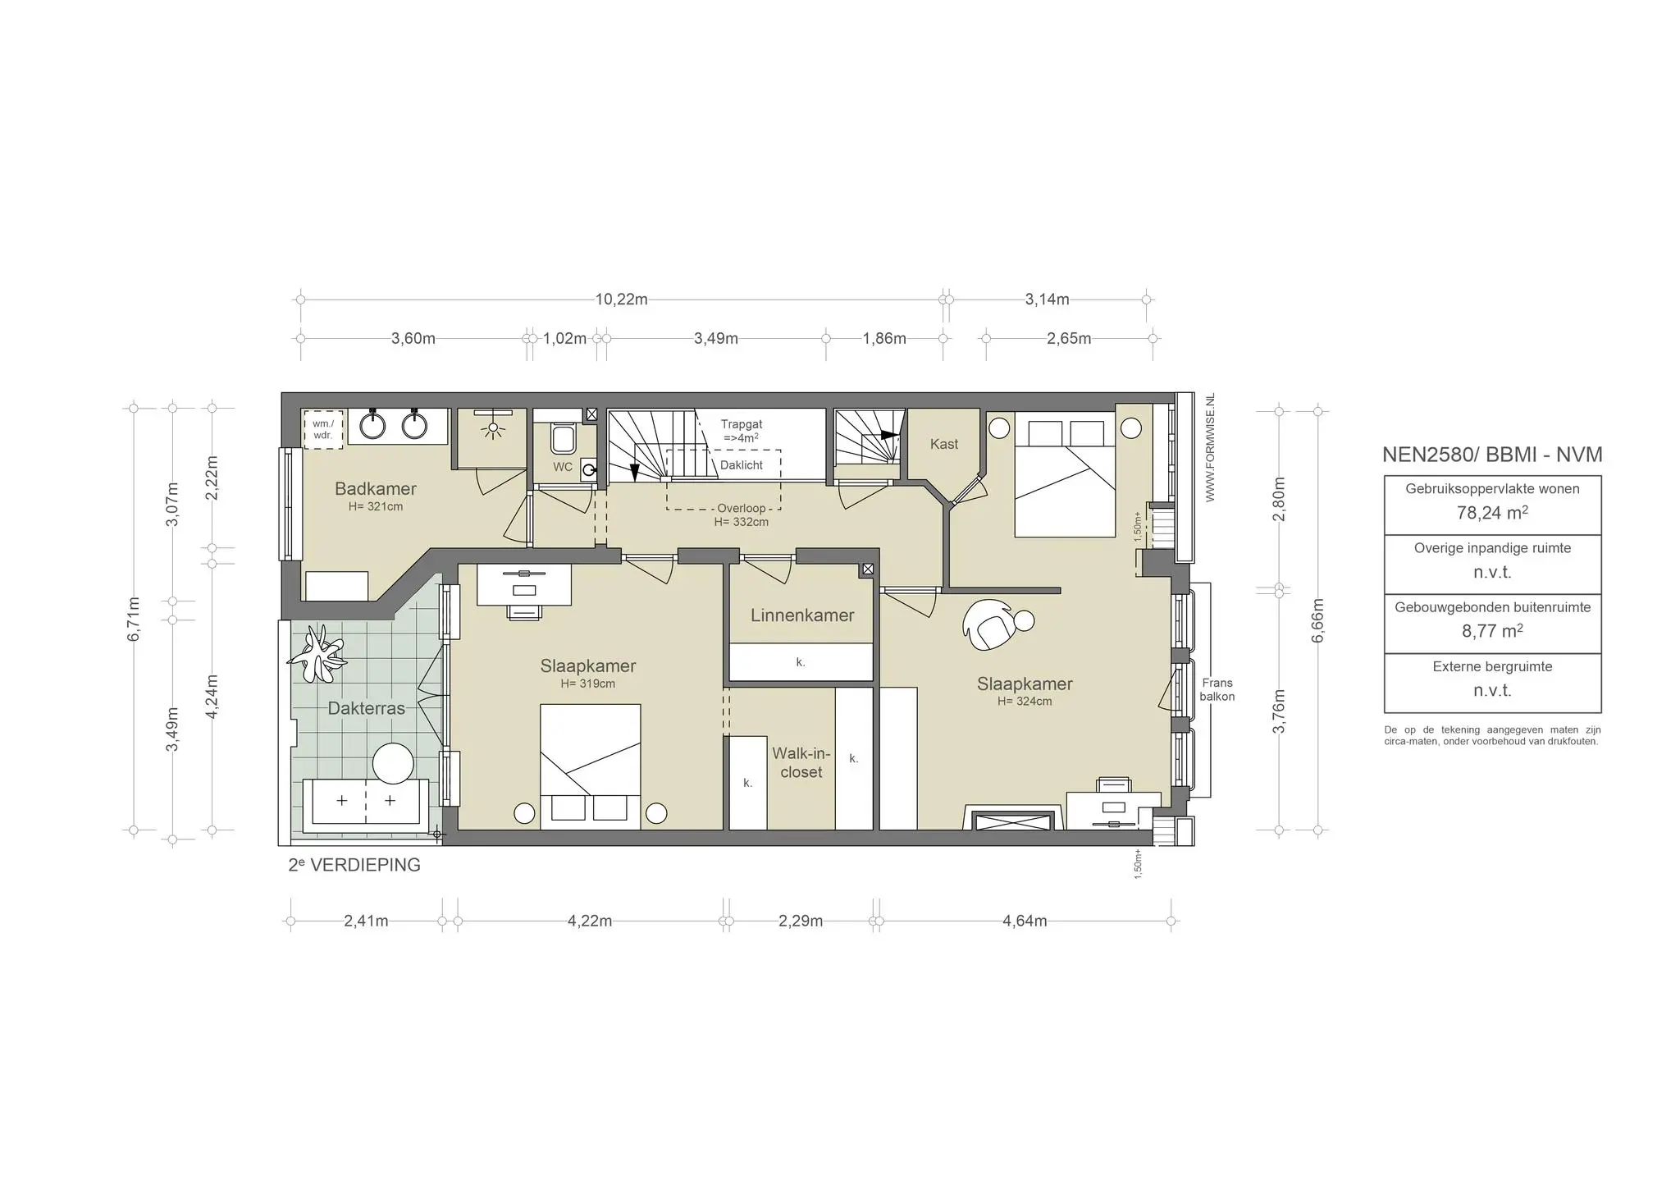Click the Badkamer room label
tap(375, 489)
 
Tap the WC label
tap(563, 467)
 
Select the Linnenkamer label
tap(801, 615)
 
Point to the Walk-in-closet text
tap(801, 763)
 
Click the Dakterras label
tap(366, 708)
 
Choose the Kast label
tap(943, 444)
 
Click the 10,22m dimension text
tap(621, 300)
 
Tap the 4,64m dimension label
tap(1025, 921)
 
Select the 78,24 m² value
tap(1492, 513)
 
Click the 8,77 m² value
tap(1492, 631)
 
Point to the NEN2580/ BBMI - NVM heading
tap(1492, 455)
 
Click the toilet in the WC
tap(563, 439)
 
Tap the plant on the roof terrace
tap(317, 654)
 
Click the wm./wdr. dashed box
tap(322, 429)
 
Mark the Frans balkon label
tap(1217, 689)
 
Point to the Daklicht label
tap(741, 465)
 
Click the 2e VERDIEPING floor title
tap(354, 865)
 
